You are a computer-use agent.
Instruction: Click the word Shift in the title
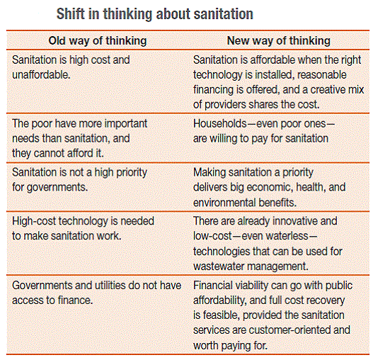coord(71,13)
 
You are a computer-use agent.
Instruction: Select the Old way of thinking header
coord(98,41)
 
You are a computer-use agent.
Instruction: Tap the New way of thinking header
coord(279,41)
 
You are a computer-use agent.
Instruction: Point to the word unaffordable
coord(41,75)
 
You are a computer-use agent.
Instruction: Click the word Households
coord(220,123)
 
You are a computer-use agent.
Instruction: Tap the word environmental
coord(224,203)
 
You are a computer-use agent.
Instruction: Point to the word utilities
coord(111,285)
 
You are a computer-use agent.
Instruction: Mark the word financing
coord(213,90)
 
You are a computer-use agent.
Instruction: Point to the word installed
coord(275,75)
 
